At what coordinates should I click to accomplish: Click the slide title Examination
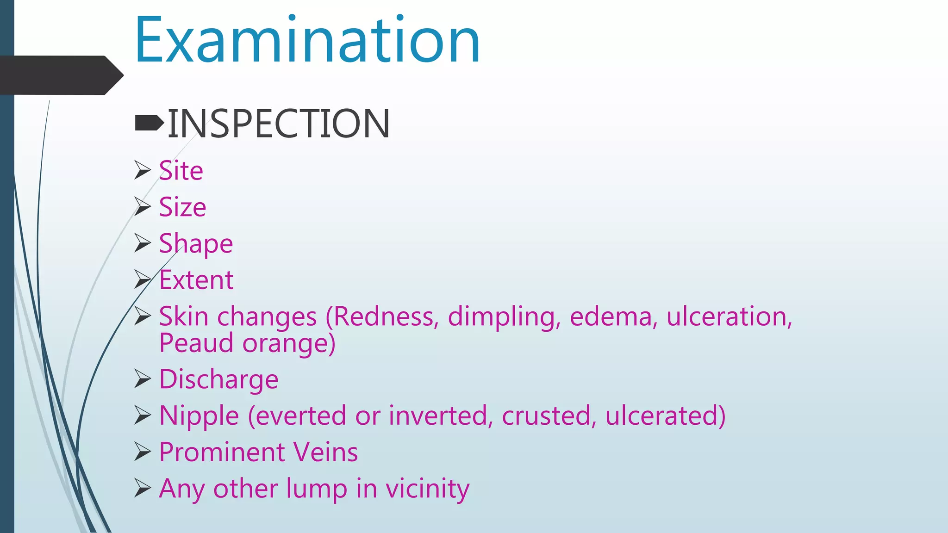click(x=307, y=41)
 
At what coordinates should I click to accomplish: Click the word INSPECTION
click(x=279, y=124)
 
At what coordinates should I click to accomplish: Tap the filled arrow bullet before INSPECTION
click(x=149, y=123)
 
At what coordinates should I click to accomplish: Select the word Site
click(x=181, y=171)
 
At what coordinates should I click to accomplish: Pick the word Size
click(x=182, y=207)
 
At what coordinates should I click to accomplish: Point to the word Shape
click(x=196, y=244)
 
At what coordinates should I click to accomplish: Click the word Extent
click(x=196, y=280)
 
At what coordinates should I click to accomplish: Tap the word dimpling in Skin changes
click(x=504, y=317)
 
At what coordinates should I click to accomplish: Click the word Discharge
click(x=218, y=379)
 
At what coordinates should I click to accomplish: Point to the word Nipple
click(x=199, y=416)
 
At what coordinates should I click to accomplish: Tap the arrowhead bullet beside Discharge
click(x=143, y=379)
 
